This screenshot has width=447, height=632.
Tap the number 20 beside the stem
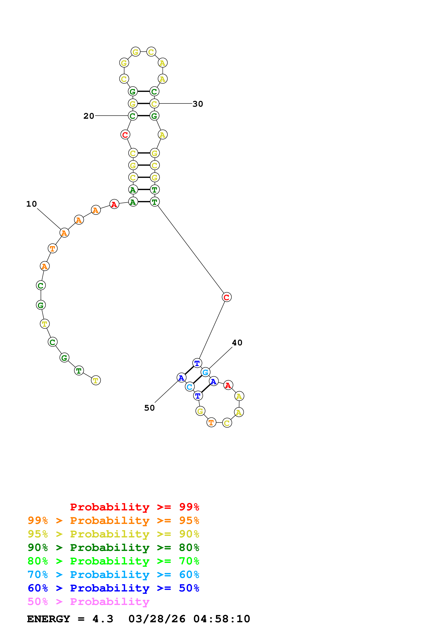click(89, 116)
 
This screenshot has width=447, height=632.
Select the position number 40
click(237, 342)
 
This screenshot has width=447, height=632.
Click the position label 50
click(149, 408)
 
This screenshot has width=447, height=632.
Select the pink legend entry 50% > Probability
click(88, 601)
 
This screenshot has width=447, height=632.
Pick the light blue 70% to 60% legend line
click(113, 575)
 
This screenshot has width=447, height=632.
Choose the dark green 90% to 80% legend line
click(113, 548)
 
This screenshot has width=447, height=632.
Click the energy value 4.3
click(103, 619)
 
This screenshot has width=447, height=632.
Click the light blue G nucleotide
click(205, 372)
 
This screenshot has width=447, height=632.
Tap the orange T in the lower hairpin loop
click(211, 422)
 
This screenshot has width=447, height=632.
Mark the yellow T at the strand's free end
click(96, 380)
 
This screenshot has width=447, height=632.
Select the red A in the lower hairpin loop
click(228, 385)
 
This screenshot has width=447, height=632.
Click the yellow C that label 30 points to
click(154, 104)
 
